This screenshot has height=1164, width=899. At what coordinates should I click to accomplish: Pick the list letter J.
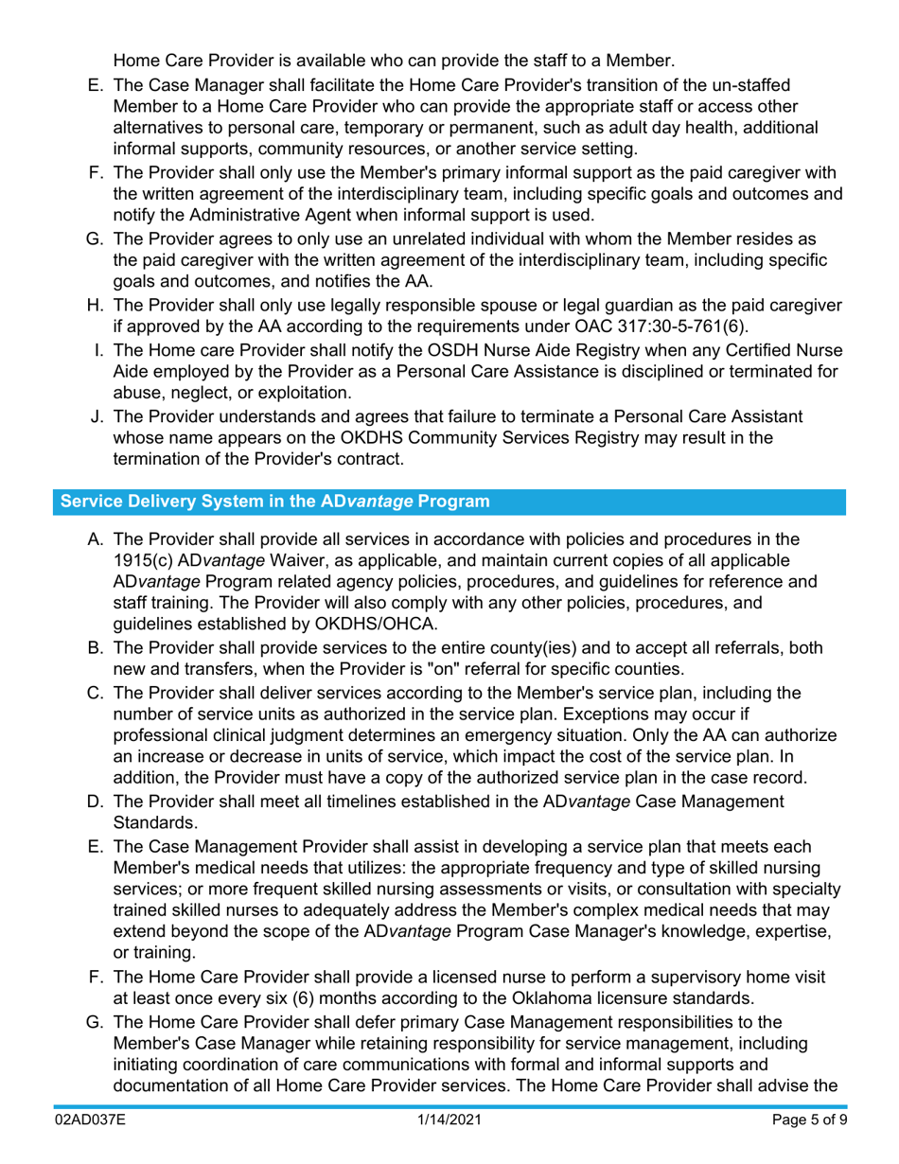point(96,416)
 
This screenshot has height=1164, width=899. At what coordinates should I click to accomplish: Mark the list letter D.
point(94,802)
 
